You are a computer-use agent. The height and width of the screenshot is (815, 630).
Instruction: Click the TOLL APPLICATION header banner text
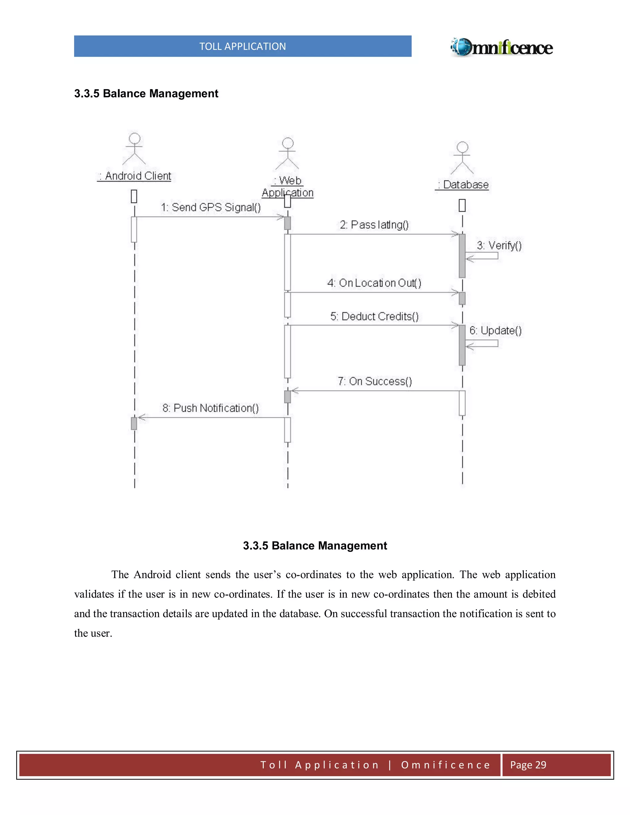tap(243, 46)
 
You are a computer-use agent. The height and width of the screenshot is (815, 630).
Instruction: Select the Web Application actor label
tap(287, 187)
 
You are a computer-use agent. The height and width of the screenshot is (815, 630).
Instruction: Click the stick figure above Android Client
tap(134, 149)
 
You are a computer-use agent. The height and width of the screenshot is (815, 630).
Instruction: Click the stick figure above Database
tap(462, 158)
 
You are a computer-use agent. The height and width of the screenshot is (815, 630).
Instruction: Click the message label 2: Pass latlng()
tap(374, 225)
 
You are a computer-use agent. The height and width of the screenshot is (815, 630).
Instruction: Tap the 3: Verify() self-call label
tap(499, 245)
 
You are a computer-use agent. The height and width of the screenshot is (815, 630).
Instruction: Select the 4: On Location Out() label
tap(374, 283)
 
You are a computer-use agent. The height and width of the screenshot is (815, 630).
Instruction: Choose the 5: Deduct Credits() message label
tap(374, 316)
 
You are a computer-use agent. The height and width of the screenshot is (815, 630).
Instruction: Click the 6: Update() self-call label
tap(495, 331)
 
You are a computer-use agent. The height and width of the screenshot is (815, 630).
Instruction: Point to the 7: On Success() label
tap(375, 381)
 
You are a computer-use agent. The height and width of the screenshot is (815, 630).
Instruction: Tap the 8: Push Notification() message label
tap(210, 408)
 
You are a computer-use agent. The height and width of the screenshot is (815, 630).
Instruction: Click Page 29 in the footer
tap(528, 765)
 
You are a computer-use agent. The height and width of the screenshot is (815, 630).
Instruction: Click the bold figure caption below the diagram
tap(315, 546)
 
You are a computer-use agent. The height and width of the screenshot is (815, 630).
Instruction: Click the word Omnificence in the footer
tap(446, 765)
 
